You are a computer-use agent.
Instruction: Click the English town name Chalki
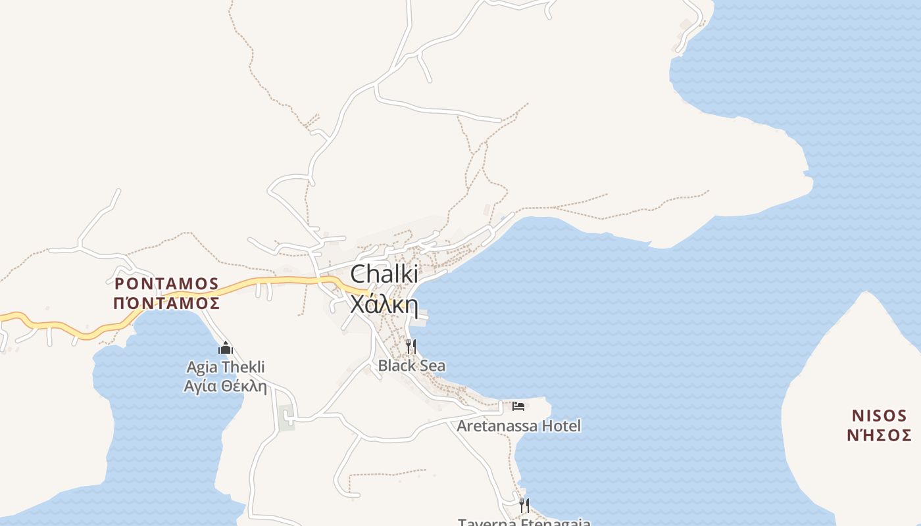point(384,275)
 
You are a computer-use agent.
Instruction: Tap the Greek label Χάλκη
point(384,304)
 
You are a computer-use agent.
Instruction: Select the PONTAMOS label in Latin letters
point(166,283)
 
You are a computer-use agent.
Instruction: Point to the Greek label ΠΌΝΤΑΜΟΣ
point(166,303)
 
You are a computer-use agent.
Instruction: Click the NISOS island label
point(879,416)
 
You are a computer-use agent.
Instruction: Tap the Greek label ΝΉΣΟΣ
point(879,435)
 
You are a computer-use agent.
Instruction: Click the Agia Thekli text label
point(226,367)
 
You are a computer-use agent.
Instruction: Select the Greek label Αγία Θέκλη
point(226,386)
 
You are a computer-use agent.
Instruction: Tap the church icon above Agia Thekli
point(226,348)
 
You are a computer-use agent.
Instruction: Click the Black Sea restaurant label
point(412,366)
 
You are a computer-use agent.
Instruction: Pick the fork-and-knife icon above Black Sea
point(411,346)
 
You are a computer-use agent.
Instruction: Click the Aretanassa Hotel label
point(519,426)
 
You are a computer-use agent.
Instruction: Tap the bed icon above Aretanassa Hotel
point(518,406)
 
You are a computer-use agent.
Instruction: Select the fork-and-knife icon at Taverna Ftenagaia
point(524,505)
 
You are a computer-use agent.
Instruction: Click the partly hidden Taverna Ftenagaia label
point(524,522)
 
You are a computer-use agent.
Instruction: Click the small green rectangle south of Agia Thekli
point(286,418)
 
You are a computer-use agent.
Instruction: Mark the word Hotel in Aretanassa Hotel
point(561,426)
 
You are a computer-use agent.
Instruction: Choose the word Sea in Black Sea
point(431,366)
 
